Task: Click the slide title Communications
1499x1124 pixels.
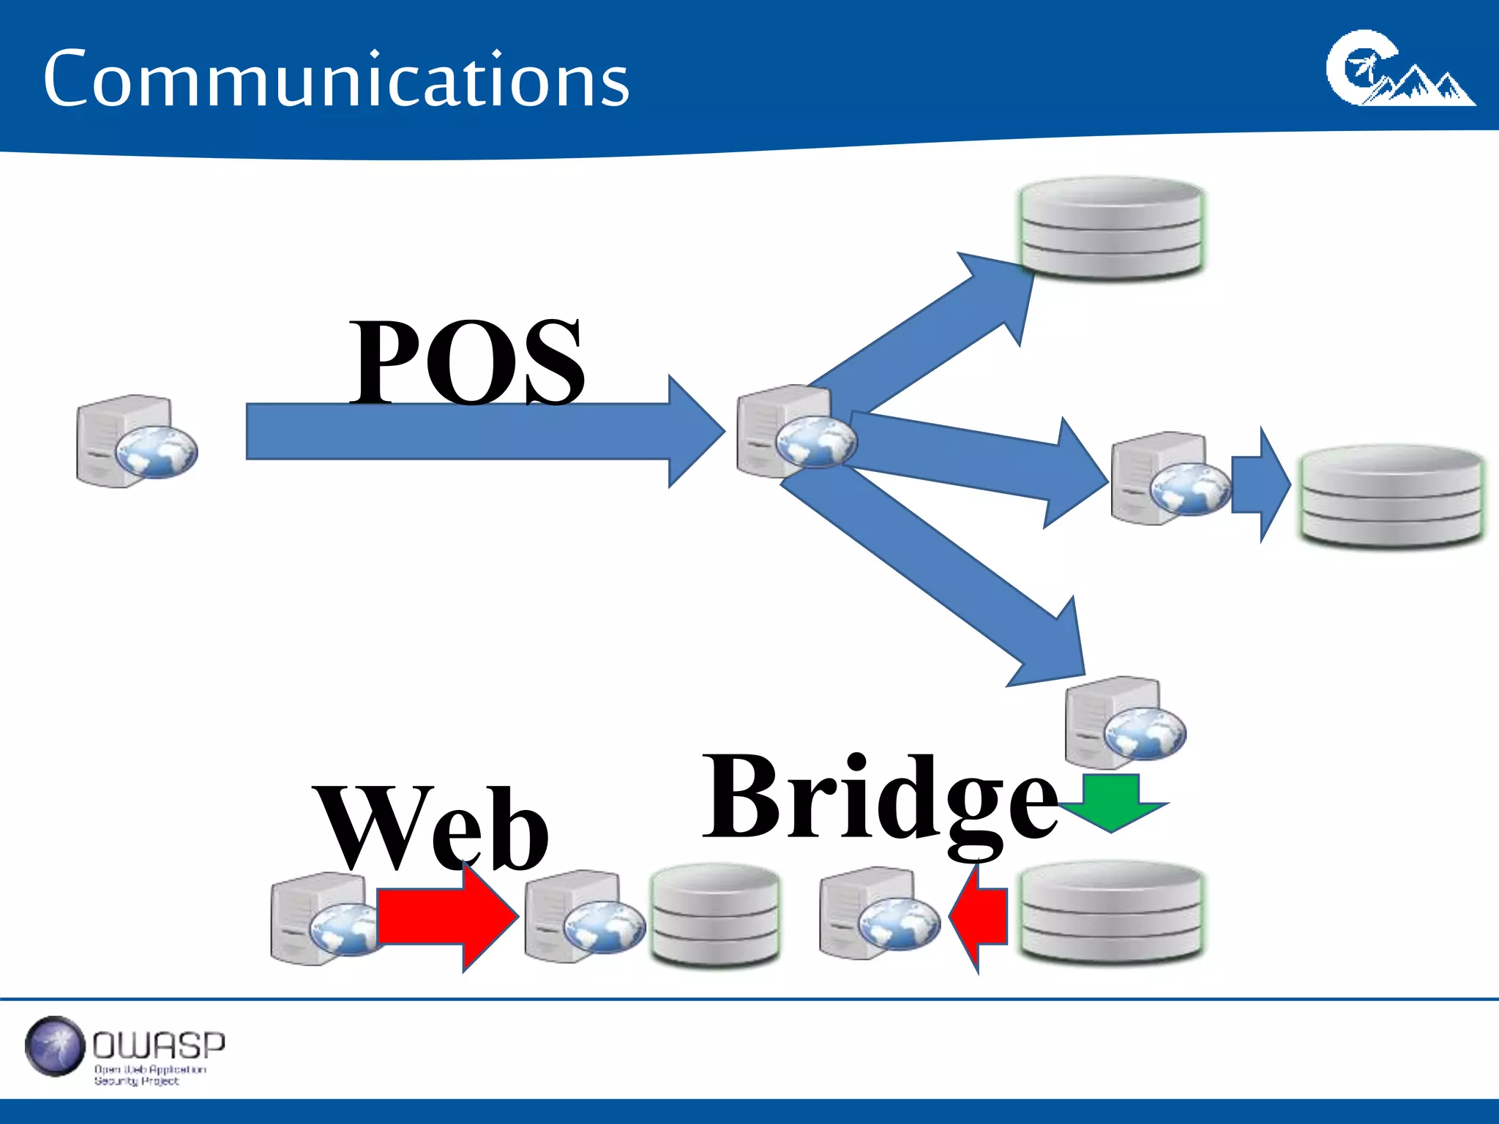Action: [x=336, y=79]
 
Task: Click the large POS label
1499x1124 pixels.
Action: [x=467, y=361]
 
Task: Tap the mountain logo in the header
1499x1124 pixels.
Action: [x=1399, y=70]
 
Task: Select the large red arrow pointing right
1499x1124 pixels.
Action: [x=446, y=918]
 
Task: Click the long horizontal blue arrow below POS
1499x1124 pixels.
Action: [x=468, y=432]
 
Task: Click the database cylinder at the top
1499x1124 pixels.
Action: [x=1111, y=227]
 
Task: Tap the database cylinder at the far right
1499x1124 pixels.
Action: [x=1391, y=495]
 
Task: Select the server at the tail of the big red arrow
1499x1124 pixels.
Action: [x=322, y=918]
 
